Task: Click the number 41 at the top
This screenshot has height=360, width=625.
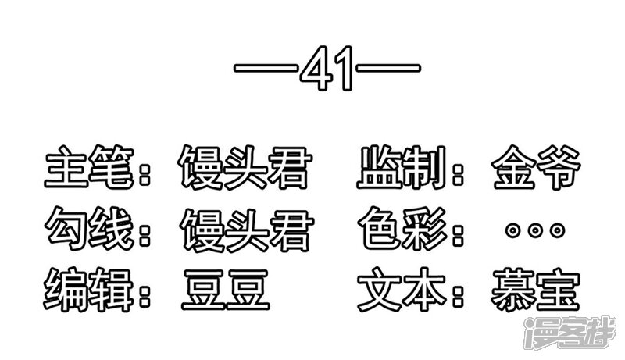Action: point(327,68)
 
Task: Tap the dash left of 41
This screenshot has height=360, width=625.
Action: point(266,68)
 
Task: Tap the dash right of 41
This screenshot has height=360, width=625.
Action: point(388,68)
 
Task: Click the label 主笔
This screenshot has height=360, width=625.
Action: point(89,167)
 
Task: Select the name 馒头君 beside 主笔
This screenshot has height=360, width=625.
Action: point(245,167)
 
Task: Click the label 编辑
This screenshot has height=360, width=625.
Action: point(88,290)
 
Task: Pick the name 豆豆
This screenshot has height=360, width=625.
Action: point(226,290)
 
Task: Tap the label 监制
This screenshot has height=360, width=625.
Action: point(402,167)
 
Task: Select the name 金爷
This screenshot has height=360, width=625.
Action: point(536,167)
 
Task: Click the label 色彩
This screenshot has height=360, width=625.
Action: point(403,229)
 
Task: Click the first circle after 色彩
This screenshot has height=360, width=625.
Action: point(513,230)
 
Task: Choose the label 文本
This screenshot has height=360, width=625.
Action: point(402,290)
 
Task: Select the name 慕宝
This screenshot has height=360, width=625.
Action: point(535,290)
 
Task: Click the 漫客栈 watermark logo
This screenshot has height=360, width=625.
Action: point(570,333)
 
